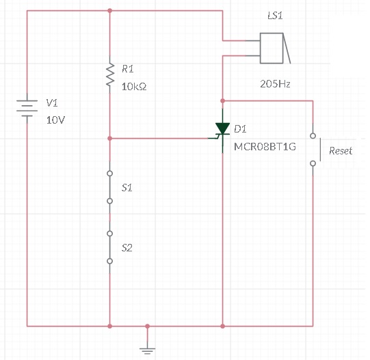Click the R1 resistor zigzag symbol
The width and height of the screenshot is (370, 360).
click(x=110, y=74)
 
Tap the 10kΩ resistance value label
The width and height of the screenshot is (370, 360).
click(x=134, y=87)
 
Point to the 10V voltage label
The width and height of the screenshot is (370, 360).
click(x=55, y=120)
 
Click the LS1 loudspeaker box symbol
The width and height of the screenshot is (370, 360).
click(x=272, y=49)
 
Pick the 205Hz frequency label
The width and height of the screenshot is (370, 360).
click(x=275, y=84)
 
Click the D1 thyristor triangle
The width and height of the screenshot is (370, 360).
click(x=222, y=128)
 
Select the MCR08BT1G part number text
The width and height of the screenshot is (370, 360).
click(x=265, y=147)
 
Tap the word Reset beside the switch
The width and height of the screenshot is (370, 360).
click(x=341, y=151)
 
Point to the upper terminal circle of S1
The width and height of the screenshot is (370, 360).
click(x=109, y=174)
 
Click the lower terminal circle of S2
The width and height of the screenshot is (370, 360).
click(x=109, y=261)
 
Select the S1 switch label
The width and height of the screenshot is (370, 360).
click(x=127, y=188)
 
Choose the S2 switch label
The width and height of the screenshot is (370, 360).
click(x=127, y=248)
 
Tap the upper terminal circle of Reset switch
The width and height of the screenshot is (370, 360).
click(x=313, y=136)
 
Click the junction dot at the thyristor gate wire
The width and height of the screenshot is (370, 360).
click(x=109, y=139)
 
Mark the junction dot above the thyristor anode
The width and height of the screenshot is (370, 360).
click(x=222, y=101)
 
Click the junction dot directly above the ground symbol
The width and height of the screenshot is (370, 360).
click(x=147, y=327)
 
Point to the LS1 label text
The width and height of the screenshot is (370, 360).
click(x=275, y=16)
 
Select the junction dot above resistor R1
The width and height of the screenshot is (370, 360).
click(x=109, y=11)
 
